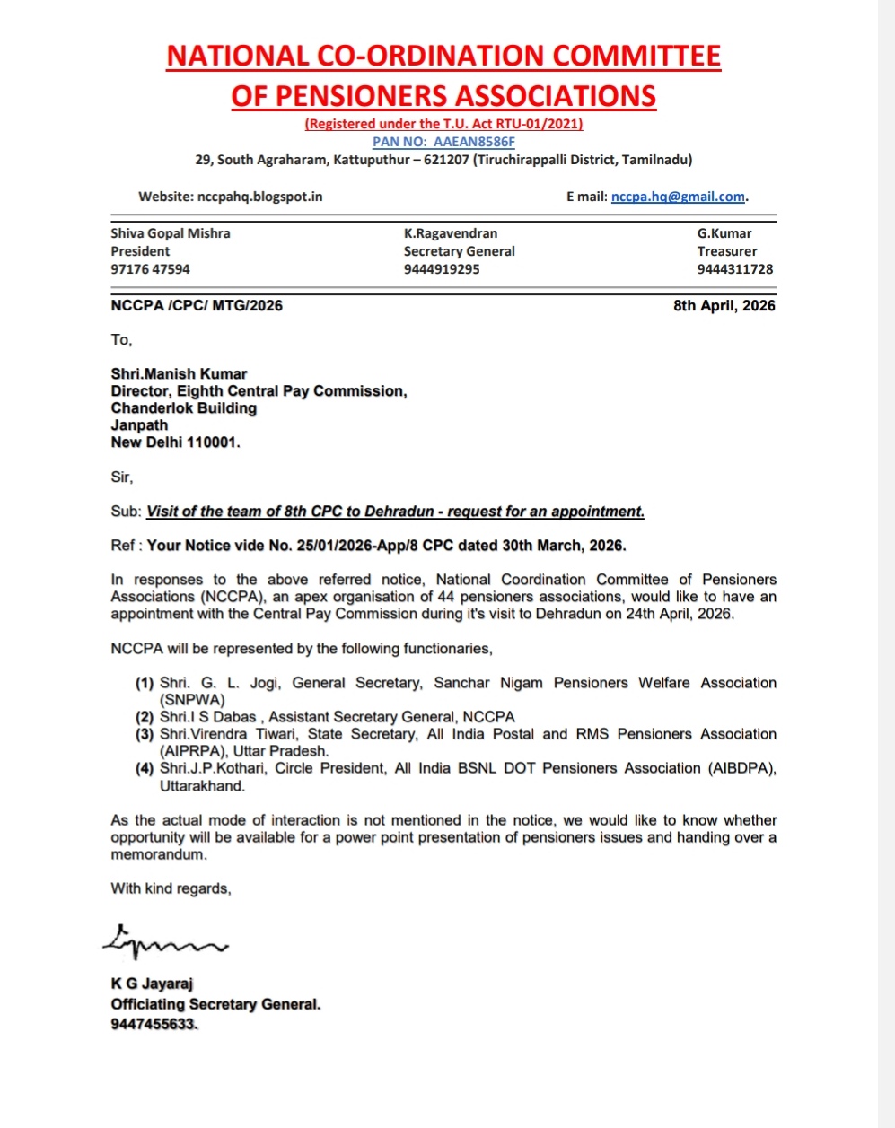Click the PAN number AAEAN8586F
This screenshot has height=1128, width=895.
point(474,142)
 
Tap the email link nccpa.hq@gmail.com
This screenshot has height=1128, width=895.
point(678,197)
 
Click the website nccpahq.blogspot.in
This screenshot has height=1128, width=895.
point(259,197)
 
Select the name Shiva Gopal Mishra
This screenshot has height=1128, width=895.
point(171,233)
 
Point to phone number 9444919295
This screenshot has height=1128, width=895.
point(442,269)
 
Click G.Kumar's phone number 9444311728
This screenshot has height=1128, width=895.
point(734,269)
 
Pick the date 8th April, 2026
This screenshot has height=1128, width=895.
point(724,306)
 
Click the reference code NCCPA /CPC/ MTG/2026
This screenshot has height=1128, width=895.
point(197,306)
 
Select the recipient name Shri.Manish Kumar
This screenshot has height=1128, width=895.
point(179,374)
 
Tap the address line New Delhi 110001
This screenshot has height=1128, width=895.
point(175,442)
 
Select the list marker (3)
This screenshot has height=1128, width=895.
point(145,734)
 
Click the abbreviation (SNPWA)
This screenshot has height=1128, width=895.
point(192,700)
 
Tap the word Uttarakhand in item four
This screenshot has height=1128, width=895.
point(202,786)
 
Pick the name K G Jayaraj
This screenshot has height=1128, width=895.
point(152,984)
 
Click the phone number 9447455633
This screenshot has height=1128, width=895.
point(153,1025)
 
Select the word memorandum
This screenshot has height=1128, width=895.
point(158,854)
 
